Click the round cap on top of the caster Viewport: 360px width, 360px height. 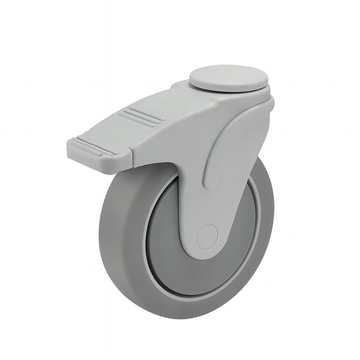(x=229, y=77)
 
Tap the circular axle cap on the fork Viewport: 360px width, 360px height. (x=208, y=236)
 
